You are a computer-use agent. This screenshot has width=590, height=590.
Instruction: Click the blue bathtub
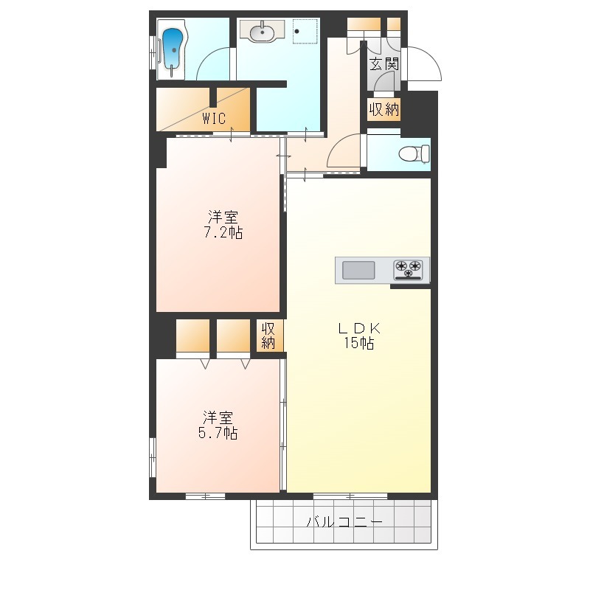click(x=172, y=51)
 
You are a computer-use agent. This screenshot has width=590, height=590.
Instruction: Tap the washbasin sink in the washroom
click(x=263, y=31)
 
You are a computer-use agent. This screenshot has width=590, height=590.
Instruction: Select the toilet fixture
click(x=414, y=153)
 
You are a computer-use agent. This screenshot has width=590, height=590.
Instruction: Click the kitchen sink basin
click(x=358, y=270)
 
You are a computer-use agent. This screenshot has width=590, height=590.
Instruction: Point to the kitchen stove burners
click(x=408, y=270)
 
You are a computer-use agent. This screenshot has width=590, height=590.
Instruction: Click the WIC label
click(x=214, y=119)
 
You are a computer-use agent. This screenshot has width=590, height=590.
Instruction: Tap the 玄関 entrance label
click(x=383, y=64)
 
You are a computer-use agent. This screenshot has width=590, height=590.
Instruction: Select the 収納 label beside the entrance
click(x=383, y=109)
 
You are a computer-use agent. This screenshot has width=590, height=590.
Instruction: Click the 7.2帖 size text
click(x=223, y=232)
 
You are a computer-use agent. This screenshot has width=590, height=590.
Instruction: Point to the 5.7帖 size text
click(x=218, y=433)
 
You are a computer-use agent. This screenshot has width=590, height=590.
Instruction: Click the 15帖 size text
click(x=358, y=343)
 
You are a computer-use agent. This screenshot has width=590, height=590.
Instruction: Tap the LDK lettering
click(x=359, y=328)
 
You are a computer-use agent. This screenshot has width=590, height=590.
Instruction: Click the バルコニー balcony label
click(x=344, y=521)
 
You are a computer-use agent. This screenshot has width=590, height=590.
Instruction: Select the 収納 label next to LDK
click(x=268, y=336)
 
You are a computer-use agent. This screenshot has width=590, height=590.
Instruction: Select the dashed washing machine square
click(x=305, y=31)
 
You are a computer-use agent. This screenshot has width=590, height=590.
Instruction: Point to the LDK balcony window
click(x=350, y=496)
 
